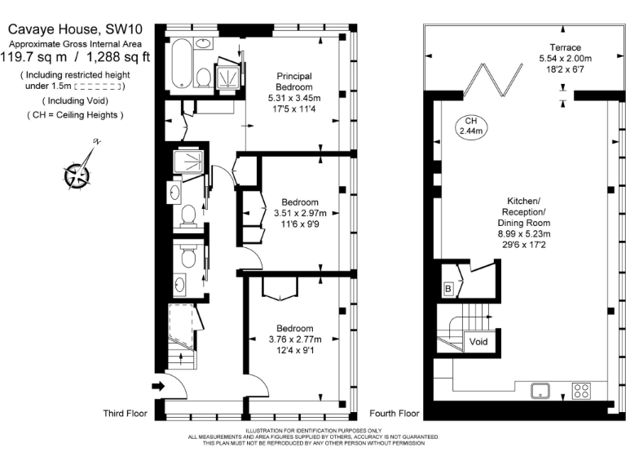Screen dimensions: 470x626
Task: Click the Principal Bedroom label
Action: [293, 82]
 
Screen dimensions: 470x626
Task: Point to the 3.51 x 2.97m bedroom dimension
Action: [300, 214]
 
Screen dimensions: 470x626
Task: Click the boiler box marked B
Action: [447, 288]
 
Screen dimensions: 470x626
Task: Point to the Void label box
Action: [479, 342]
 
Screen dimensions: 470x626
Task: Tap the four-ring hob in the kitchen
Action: [582, 391]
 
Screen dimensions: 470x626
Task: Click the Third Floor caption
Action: [125, 414]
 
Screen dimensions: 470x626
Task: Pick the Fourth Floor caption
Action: [395, 414]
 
